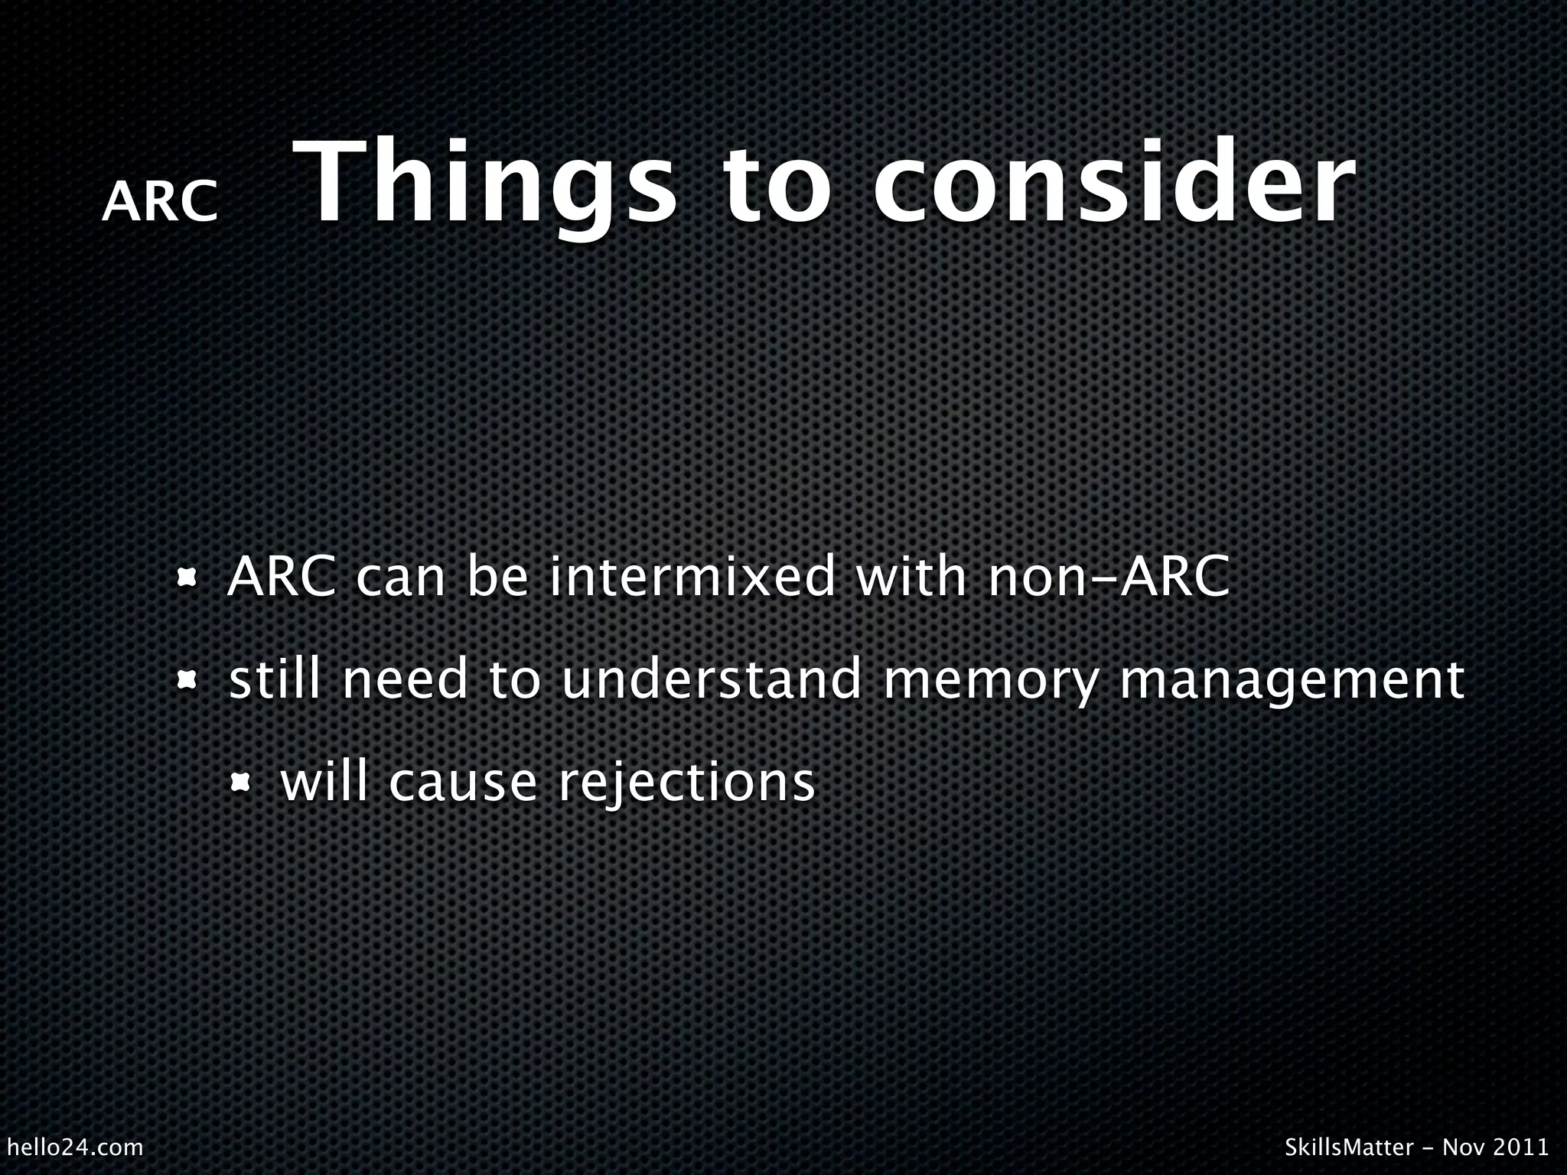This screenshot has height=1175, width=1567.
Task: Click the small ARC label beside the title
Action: pos(160,203)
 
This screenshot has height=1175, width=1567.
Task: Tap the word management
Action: pos(1292,681)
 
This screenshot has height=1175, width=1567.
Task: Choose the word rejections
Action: pos(686,783)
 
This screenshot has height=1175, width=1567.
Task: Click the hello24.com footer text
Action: pos(74,1147)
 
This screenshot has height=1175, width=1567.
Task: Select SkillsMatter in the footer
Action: pos(1348,1147)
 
